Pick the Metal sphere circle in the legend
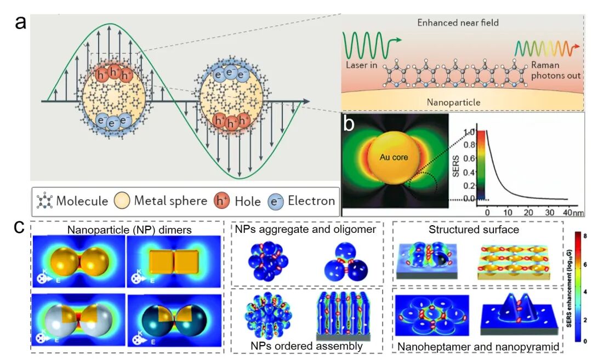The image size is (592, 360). [x=123, y=201]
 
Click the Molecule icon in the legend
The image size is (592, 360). [x=44, y=201]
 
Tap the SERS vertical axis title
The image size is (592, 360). [x=457, y=164]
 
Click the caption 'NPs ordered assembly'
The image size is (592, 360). [x=306, y=346]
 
